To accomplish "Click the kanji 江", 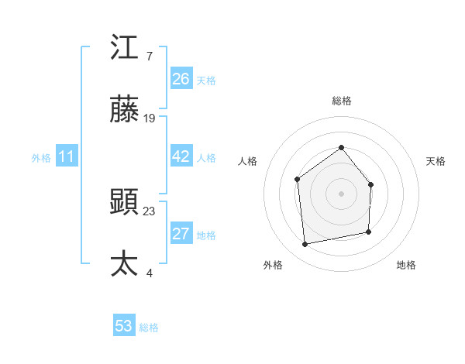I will [x=125, y=48].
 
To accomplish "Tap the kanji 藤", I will [x=125, y=111].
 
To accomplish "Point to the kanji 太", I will [x=125, y=263].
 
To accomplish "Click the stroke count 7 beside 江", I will [x=149, y=56].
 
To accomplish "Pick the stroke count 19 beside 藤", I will [x=150, y=118].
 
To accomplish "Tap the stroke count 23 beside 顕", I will [x=150, y=210].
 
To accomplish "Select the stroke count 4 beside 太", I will [x=149, y=272].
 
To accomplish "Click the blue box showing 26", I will [x=181, y=79].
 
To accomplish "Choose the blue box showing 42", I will [x=181, y=156].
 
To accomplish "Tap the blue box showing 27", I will [x=181, y=235].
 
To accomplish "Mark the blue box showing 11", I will [x=67, y=156].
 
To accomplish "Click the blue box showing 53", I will [x=124, y=326].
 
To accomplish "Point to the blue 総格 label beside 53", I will [x=149, y=328].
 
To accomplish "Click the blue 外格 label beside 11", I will [x=41, y=158].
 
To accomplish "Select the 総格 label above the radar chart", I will [x=341, y=101].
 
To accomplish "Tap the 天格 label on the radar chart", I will [x=436, y=161].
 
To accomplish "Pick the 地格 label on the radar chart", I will [x=406, y=265].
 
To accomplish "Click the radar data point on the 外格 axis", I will [x=305, y=244].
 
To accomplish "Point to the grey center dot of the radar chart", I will [x=341, y=193].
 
